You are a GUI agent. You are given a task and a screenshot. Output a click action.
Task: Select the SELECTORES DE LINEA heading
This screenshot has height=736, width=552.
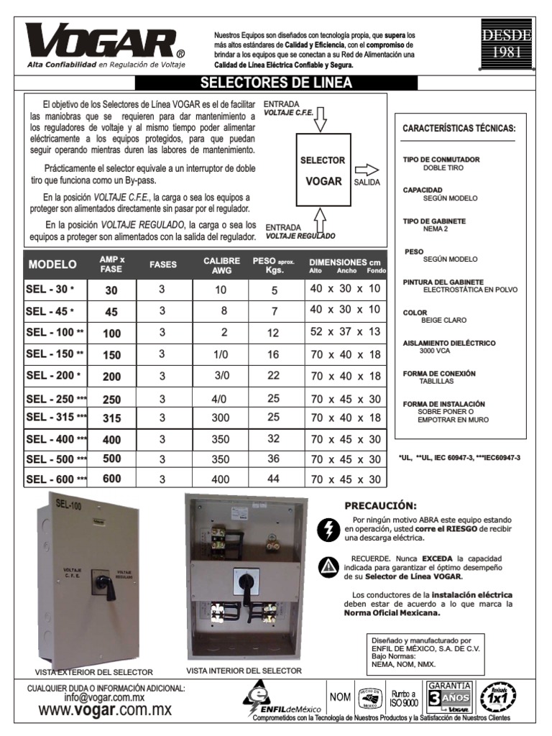[275, 83]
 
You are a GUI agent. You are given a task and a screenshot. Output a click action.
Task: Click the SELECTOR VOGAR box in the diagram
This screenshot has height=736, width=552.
[323, 170]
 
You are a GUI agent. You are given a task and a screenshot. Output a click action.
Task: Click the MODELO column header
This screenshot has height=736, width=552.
[52, 264]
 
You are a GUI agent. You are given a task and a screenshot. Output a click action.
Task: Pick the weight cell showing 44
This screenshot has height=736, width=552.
[274, 479]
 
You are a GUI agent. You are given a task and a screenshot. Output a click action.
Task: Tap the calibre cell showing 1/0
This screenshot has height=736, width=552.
[220, 354]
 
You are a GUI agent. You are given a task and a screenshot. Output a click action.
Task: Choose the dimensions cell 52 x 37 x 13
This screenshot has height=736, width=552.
[345, 333]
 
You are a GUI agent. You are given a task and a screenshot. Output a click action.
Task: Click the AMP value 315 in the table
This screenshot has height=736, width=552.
[112, 418]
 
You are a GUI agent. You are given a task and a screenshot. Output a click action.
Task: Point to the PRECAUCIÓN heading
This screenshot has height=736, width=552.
[380, 505]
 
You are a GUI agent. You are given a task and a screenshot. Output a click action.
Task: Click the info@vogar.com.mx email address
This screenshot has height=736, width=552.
[105, 697]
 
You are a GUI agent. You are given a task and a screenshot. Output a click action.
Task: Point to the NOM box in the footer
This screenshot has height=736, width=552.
[340, 697]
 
